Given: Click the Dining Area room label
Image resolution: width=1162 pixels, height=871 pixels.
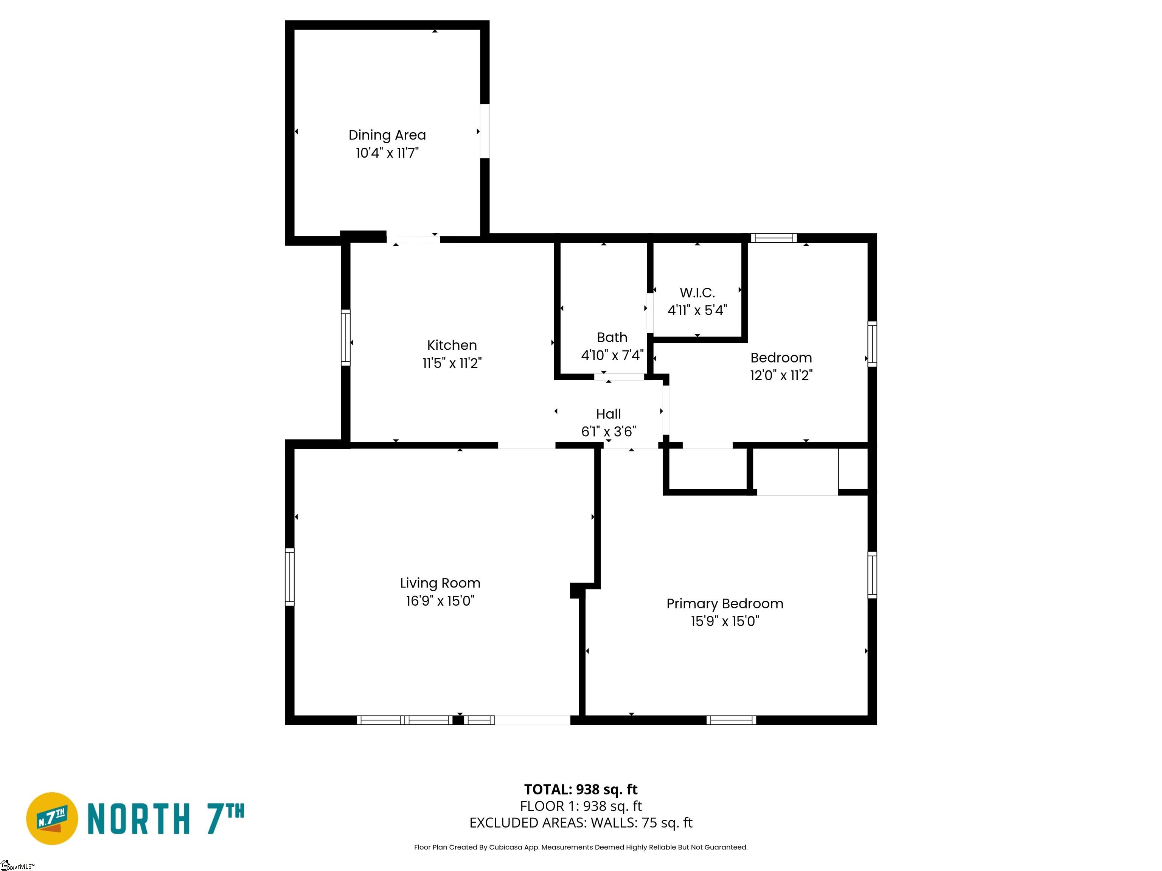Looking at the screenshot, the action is point(387,135).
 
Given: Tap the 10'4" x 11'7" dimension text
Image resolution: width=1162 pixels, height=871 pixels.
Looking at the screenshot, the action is point(387,153).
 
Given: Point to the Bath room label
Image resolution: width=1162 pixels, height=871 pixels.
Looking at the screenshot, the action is point(612,337).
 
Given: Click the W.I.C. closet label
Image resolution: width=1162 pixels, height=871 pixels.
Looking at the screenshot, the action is point(697,293).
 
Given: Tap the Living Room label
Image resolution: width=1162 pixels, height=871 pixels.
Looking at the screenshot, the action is point(440,583).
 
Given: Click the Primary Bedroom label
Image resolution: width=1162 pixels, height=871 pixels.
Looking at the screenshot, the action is point(725,604).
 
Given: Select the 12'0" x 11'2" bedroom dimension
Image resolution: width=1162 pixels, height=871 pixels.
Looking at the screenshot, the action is point(781,375).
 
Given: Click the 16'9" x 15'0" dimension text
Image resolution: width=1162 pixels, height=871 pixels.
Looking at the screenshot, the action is point(440,601).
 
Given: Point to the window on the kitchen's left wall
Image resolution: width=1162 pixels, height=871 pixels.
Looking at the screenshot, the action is point(346,338).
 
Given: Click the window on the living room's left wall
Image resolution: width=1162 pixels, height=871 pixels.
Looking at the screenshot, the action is point(289,577).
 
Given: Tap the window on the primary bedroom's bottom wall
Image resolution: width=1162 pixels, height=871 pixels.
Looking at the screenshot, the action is point(731,720).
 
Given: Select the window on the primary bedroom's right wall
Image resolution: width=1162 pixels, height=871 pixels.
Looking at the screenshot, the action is point(872,575).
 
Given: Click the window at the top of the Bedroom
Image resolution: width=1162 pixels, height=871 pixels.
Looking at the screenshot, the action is point(774,238).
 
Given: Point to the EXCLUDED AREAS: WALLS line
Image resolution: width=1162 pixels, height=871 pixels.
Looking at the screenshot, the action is point(581,823).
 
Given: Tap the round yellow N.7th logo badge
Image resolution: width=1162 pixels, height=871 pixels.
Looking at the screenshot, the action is point(52,818).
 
